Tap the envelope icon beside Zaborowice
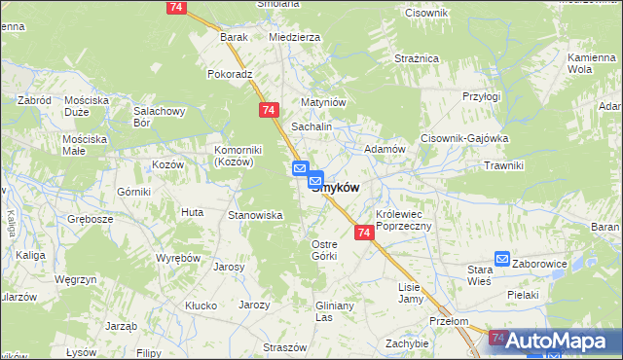(x=502, y=259)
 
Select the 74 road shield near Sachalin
(x=268, y=112)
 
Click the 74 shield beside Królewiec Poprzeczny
(x=363, y=234)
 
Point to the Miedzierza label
(x=294, y=37)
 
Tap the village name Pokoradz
(x=230, y=73)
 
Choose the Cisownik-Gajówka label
(x=464, y=138)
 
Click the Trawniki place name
(x=503, y=165)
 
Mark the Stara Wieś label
(x=481, y=274)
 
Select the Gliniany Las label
(x=338, y=311)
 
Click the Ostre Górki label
(x=323, y=249)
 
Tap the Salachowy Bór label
(x=160, y=118)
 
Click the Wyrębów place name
(x=178, y=258)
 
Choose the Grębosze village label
(x=91, y=218)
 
